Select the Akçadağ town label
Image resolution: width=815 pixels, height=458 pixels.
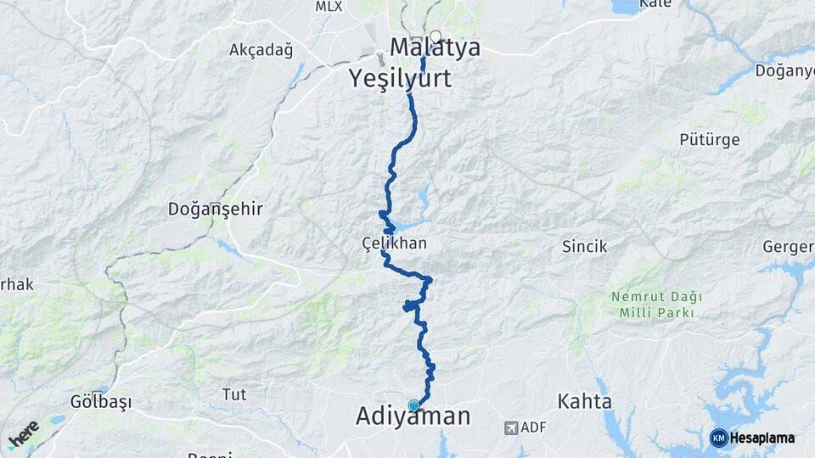(261, 50)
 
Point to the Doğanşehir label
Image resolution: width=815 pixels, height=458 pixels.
(216, 209)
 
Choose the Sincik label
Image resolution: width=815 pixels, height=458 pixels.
(585, 247)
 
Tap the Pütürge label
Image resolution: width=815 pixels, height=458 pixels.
(710, 139)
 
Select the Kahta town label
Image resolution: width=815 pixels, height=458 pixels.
(585, 400)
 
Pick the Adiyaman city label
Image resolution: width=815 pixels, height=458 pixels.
(413, 417)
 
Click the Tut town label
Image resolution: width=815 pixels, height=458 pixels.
(233, 394)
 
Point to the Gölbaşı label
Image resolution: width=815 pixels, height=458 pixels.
(101, 402)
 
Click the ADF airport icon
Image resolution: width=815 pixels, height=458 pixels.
(511, 427)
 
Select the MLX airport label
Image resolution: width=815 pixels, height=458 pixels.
(328, 7)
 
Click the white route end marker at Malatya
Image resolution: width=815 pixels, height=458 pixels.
(436, 36)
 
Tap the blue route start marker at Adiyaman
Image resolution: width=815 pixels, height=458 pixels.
(413, 405)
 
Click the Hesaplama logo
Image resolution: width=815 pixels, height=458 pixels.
(752, 438)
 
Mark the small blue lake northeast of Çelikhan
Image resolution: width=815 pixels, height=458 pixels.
(424, 198)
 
